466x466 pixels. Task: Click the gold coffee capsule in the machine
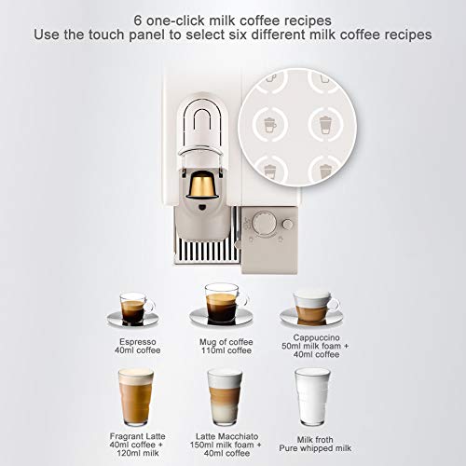point(198,186)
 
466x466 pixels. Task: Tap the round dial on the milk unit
point(266,225)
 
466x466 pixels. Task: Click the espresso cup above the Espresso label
point(136,308)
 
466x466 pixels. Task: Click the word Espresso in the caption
point(136,343)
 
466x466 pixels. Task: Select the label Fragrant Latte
point(136,436)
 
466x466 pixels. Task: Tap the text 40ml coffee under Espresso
point(136,352)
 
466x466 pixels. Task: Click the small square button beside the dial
point(287,224)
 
